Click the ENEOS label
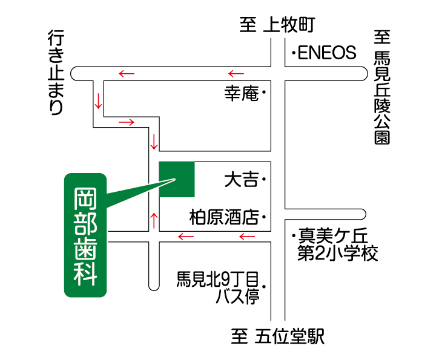(x=327, y=53)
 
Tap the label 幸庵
(x=242, y=93)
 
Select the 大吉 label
(x=242, y=180)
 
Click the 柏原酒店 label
(x=224, y=217)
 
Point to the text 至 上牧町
(x=277, y=25)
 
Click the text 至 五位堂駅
(x=278, y=336)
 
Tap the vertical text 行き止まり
(x=56, y=73)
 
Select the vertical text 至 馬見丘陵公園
(x=382, y=87)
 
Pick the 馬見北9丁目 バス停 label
(x=217, y=287)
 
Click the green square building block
(x=177, y=180)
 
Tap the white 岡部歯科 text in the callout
(x=85, y=237)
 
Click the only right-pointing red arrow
(x=127, y=122)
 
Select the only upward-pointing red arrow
(x=154, y=221)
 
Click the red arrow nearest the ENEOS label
(x=236, y=74)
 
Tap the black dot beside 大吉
(x=264, y=179)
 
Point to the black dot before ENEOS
(x=294, y=53)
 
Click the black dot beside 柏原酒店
(x=264, y=217)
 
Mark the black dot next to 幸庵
(x=264, y=92)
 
